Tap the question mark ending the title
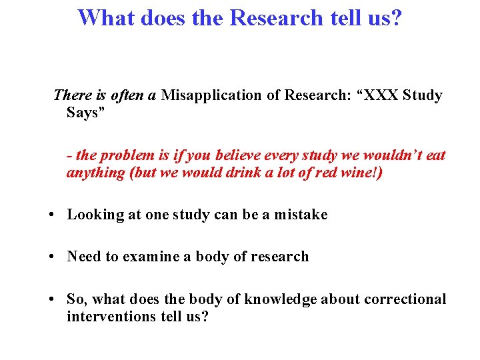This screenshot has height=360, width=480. pos(396,18)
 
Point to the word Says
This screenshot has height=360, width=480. pos(82,113)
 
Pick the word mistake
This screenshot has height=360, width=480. pos(301,215)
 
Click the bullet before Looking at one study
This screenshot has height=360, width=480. pos(51,215)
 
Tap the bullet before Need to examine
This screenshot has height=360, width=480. pos(51,257)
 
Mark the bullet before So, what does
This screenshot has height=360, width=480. pos(51,299)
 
